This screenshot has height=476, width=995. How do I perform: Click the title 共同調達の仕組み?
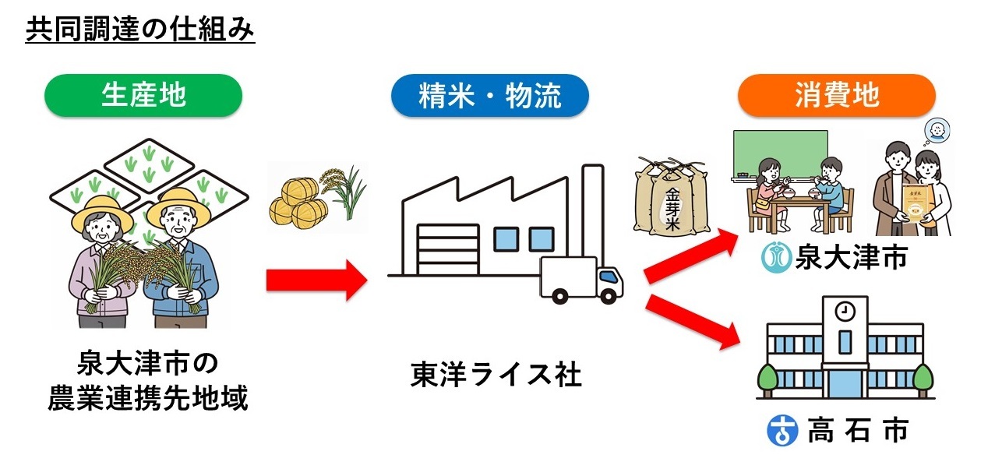140,30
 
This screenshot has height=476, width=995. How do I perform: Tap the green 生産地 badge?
143,95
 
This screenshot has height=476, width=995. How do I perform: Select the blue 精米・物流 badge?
489,95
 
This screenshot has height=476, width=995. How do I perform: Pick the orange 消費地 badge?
836,95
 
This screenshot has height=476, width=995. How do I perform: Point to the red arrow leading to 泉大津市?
690,256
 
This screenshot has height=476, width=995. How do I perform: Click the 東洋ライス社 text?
496,376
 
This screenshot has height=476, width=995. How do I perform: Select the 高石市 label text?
857,430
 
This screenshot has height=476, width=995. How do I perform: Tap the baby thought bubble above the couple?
936,130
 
